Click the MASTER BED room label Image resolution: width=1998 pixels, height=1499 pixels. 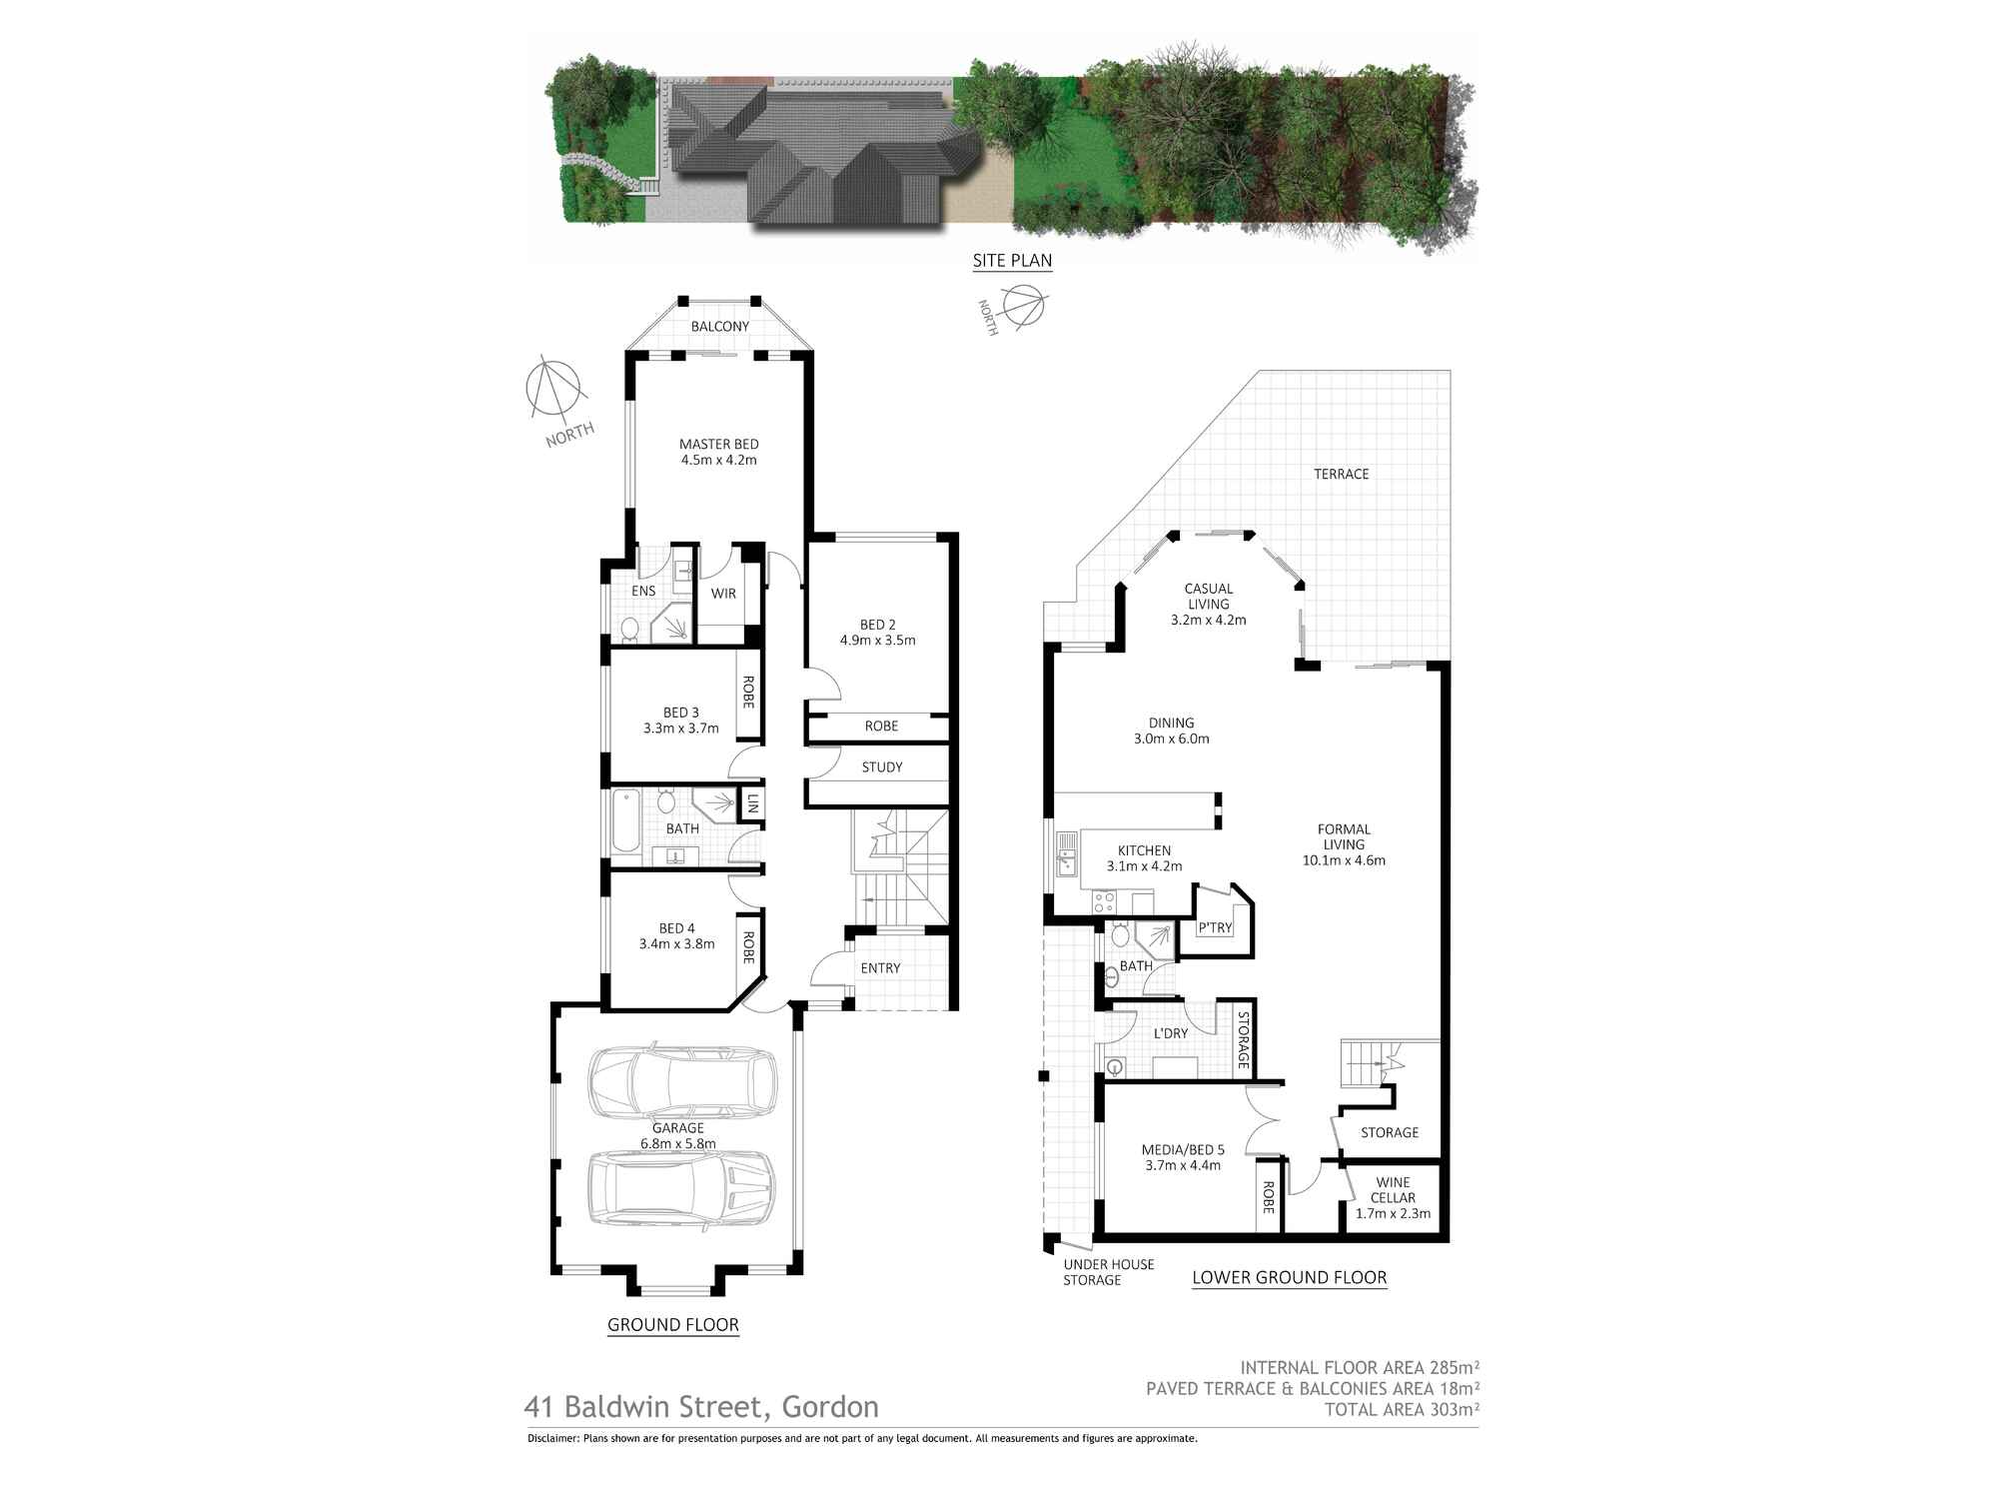click(x=718, y=445)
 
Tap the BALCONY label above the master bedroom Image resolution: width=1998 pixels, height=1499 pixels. click(x=719, y=327)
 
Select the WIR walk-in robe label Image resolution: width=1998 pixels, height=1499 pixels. click(x=723, y=594)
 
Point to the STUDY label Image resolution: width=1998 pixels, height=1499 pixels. click(x=881, y=767)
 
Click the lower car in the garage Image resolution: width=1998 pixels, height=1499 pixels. click(x=680, y=1188)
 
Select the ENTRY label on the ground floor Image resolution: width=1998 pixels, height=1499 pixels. click(x=880, y=968)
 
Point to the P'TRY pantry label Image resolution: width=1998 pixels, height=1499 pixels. click(x=1215, y=928)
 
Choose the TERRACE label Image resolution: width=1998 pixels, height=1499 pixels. click(x=1341, y=474)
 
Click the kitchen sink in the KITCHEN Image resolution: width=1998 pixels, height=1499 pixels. click(x=1065, y=855)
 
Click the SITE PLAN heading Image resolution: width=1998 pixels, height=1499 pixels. click(x=1012, y=261)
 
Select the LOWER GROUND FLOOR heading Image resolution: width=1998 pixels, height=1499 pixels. click(x=1289, y=1277)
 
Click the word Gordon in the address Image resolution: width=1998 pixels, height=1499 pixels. click(x=829, y=1407)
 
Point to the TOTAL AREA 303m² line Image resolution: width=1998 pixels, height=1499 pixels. click(x=1401, y=1410)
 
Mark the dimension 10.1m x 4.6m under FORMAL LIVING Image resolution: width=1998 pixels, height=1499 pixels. click(x=1344, y=860)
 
